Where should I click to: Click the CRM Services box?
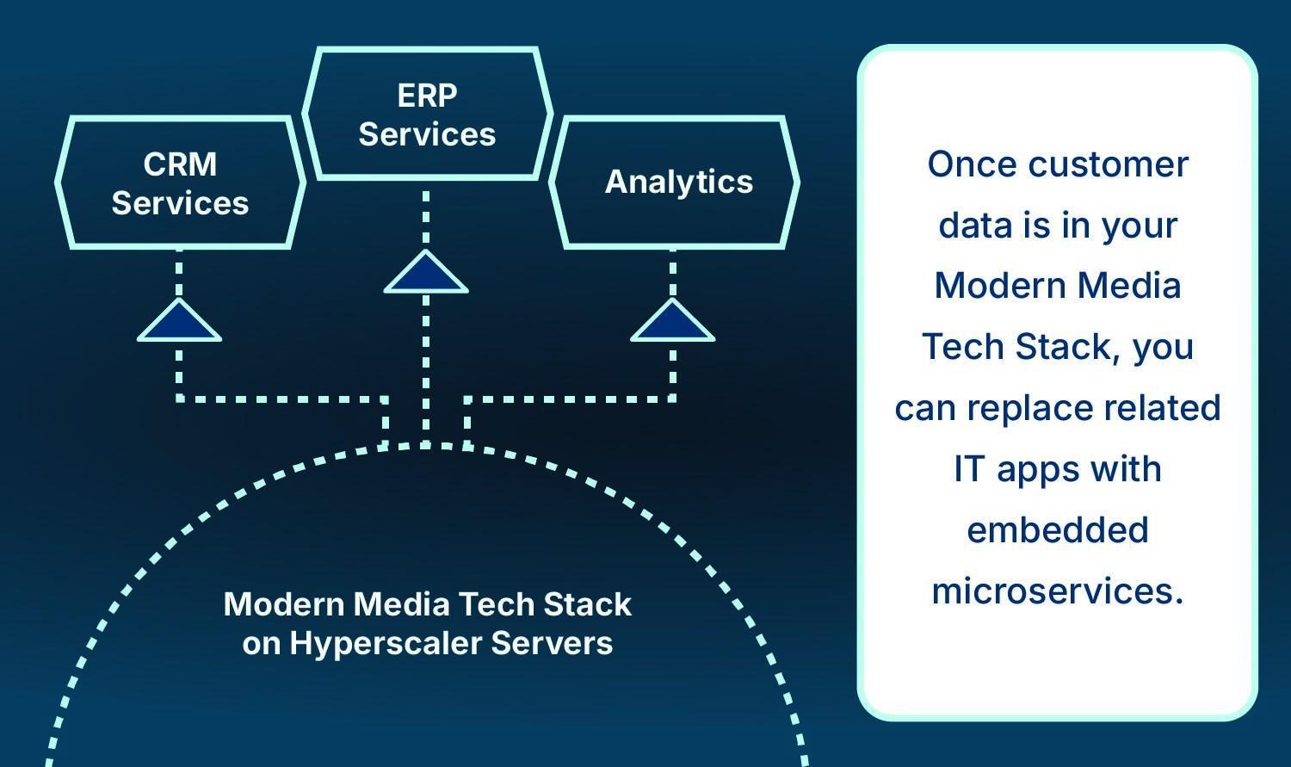(180, 183)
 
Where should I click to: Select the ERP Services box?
(427, 114)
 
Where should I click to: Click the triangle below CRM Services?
(179, 323)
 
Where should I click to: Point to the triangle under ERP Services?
(426, 275)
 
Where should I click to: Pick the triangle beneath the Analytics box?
(672, 323)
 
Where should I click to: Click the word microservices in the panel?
(1058, 591)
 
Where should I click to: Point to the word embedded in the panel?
(1058, 529)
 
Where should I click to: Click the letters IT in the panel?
(968, 469)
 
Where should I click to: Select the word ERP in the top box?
(427, 96)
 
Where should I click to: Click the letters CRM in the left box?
(180, 164)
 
